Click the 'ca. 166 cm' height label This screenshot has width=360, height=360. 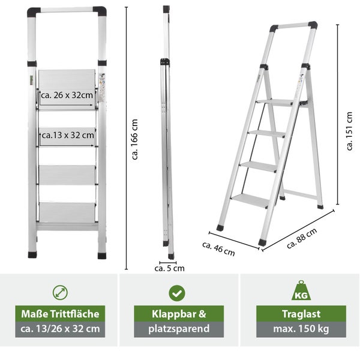(x=134, y=139)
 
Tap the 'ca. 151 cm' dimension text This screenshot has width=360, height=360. (x=349, y=131)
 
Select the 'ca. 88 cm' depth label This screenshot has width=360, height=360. (x=302, y=238)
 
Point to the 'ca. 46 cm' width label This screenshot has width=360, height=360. (x=218, y=249)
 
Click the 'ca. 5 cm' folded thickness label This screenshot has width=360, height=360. (x=169, y=268)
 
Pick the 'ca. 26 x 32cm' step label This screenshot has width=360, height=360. (x=67, y=95)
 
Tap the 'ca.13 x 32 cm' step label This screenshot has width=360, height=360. (x=68, y=135)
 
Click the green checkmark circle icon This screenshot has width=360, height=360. (x=177, y=293)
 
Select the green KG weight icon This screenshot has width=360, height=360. (x=301, y=290)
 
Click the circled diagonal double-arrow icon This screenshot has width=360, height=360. (x=60, y=293)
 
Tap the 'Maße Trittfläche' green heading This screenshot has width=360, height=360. (x=60, y=314)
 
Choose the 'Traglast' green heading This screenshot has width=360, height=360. (x=301, y=314)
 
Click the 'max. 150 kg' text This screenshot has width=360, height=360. (x=301, y=329)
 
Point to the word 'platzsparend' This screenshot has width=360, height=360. (x=179, y=329)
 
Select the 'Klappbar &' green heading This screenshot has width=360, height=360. (x=179, y=314)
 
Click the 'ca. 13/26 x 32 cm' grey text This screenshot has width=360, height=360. (x=60, y=329)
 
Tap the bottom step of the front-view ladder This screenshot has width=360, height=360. (x=67, y=212)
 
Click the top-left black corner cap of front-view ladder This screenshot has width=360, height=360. (x=33, y=12)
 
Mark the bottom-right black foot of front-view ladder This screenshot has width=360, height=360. (x=102, y=256)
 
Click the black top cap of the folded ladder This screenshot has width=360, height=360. (x=166, y=9)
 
